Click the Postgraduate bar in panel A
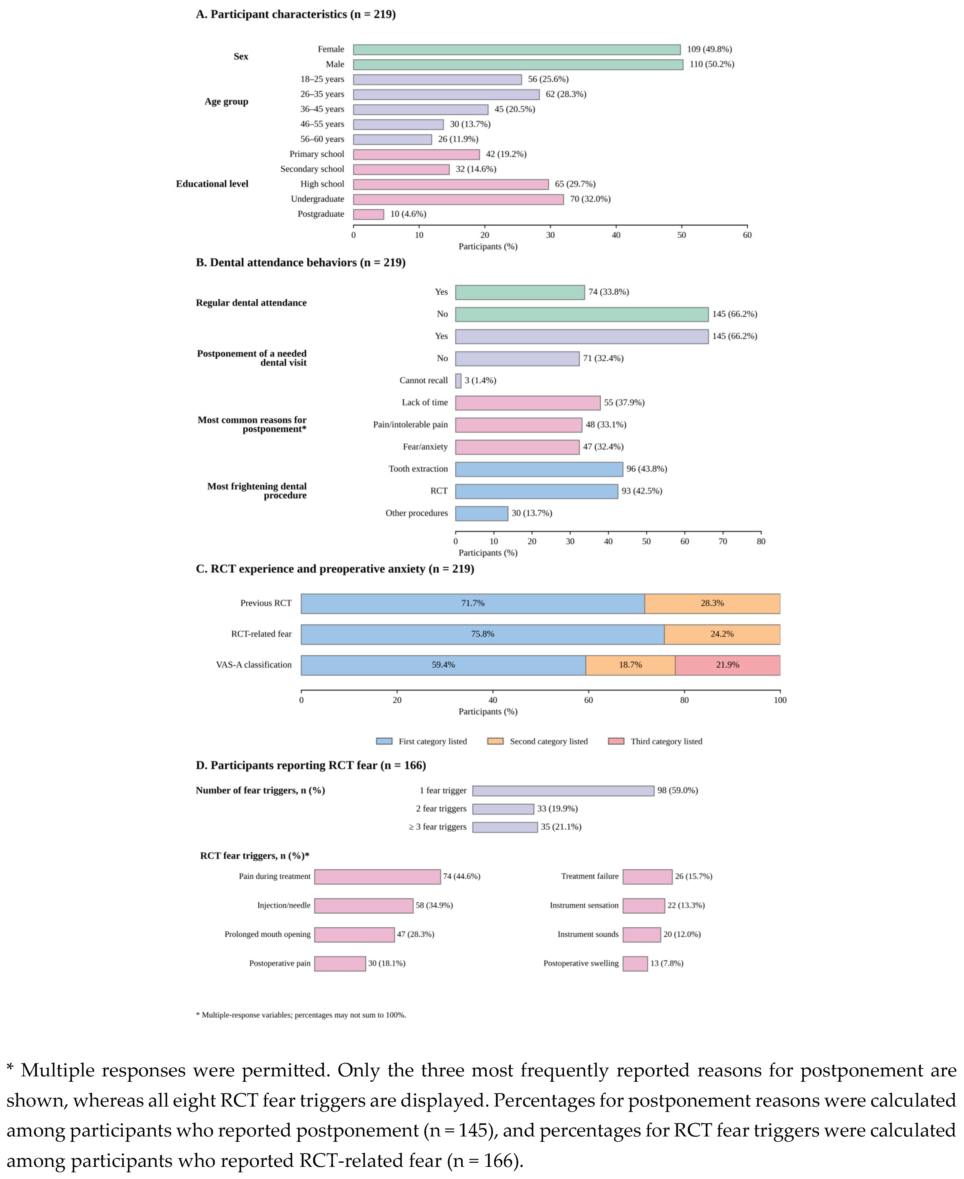[x=369, y=214]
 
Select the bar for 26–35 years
[x=446, y=94]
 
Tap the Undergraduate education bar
[x=459, y=199]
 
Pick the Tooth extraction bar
[x=539, y=469]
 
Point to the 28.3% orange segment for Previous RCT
[x=713, y=603]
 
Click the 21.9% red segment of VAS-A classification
[x=728, y=665]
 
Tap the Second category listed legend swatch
[x=495, y=741]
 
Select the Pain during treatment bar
[x=378, y=877]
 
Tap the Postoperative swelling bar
[x=635, y=964]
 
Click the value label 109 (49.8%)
[x=710, y=50]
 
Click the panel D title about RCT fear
[x=311, y=765]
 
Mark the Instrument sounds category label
[x=588, y=935]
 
